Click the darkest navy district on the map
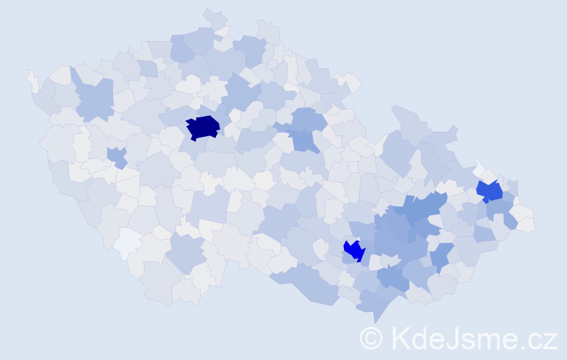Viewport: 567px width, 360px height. tap(202, 127)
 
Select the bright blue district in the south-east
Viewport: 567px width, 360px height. tap(353, 251)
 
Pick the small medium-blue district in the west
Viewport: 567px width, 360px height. tap(116, 156)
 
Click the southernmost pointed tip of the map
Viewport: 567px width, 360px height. tap(375, 319)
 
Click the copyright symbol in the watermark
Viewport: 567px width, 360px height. tap(372, 338)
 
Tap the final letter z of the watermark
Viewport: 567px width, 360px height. tap(550, 340)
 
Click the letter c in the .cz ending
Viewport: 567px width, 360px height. tap(536, 340)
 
